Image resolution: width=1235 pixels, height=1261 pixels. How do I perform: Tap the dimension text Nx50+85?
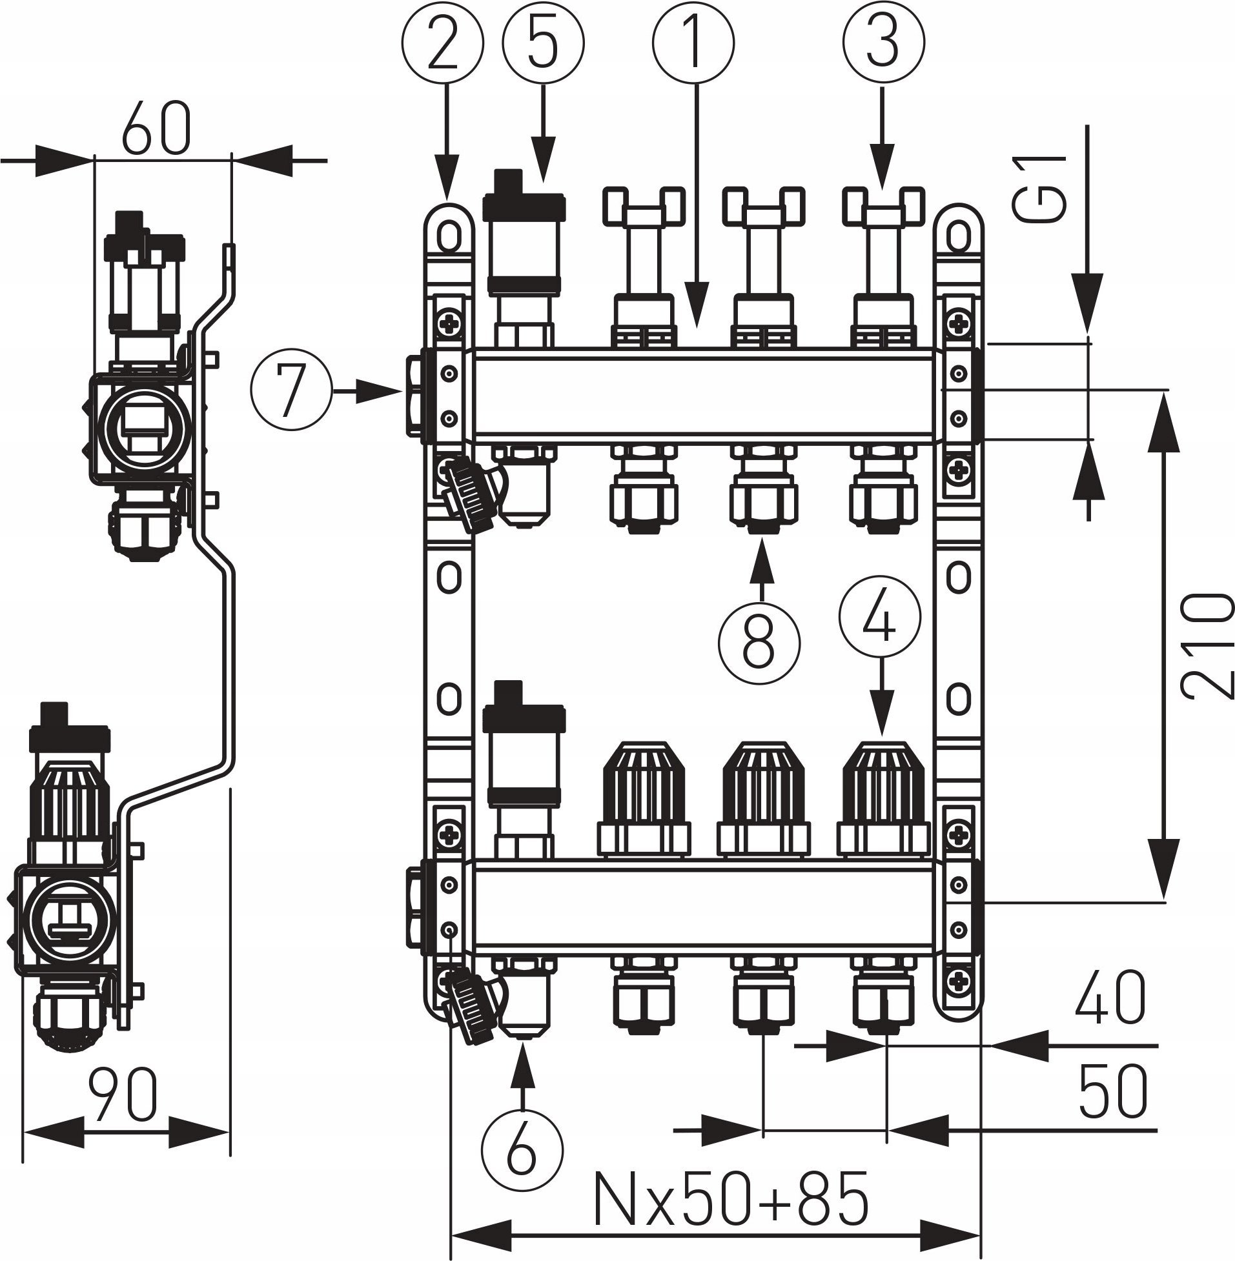(x=731, y=1198)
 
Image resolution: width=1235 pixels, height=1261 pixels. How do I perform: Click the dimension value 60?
(x=158, y=128)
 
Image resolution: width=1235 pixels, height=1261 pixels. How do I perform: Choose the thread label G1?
(x=1040, y=188)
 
